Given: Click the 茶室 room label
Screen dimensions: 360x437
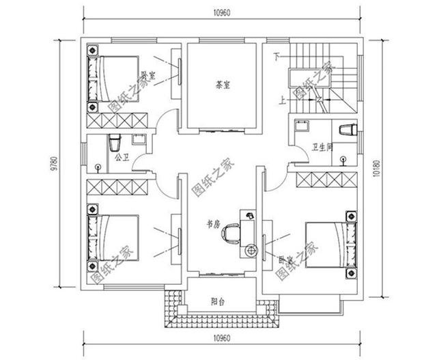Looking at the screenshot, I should [x=223, y=85].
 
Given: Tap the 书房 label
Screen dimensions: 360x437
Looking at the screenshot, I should [x=213, y=223].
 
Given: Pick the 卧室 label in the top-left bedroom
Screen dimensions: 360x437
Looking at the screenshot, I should [x=147, y=76].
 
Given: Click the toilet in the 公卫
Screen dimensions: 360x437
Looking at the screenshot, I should [x=114, y=143].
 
